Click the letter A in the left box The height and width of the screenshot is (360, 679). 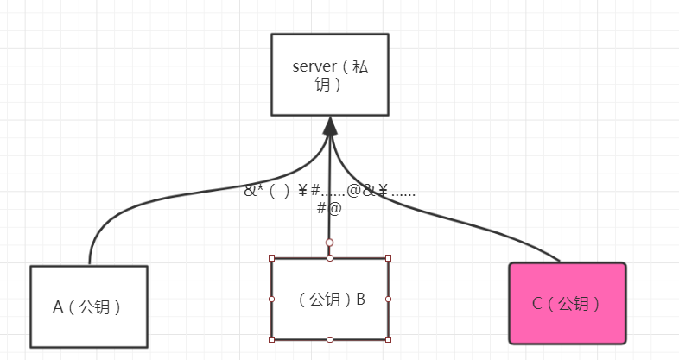[59, 306]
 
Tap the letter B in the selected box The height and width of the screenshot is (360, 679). [359, 300]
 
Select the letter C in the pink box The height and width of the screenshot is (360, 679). [536, 304]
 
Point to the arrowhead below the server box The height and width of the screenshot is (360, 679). [329, 126]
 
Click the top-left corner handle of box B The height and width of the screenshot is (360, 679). [272, 258]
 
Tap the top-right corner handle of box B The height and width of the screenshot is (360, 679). [388, 258]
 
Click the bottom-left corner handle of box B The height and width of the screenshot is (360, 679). [272, 339]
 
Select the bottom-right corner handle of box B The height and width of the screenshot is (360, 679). [388, 339]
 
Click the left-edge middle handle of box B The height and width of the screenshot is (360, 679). [272, 299]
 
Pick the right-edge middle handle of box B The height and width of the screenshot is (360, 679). [388, 299]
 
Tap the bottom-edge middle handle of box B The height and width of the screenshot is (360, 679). [330, 339]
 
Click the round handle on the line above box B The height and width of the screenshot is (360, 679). [329, 243]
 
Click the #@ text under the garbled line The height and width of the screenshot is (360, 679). [329, 207]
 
